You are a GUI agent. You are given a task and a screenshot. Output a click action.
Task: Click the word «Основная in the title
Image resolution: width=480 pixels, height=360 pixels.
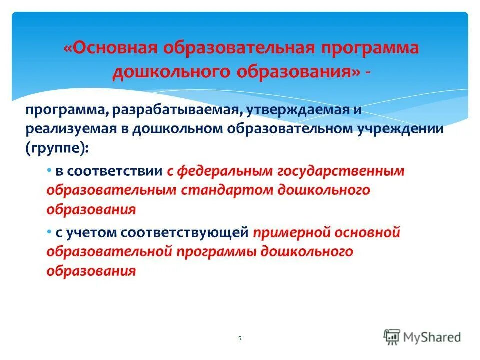tap(109, 49)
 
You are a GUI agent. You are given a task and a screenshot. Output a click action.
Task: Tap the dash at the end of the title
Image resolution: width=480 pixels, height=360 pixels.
tap(368, 71)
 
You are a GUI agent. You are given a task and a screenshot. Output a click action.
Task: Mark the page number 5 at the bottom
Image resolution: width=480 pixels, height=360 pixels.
tap(239, 339)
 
